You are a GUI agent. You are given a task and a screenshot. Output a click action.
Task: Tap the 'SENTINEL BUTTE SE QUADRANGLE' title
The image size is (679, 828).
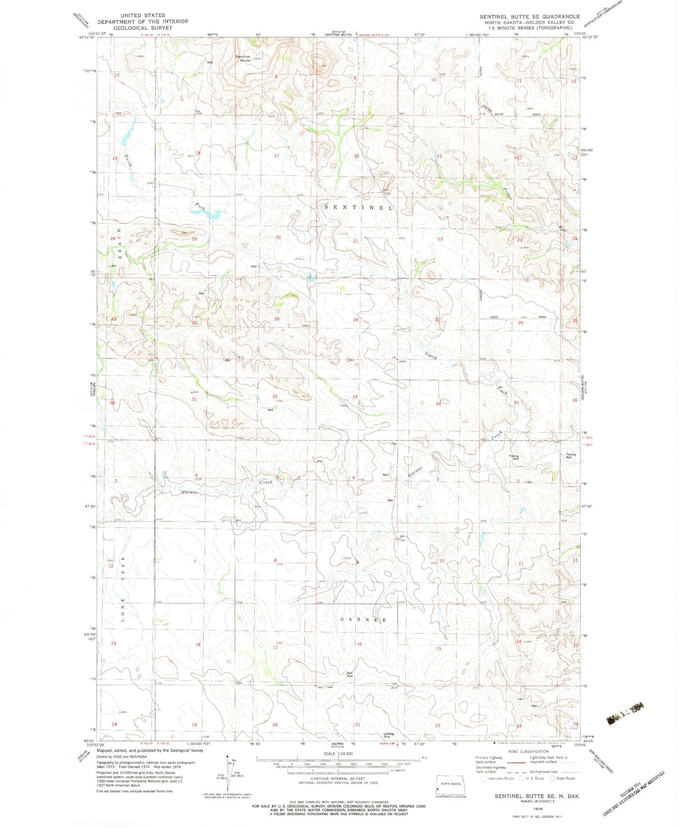pyautogui.click(x=530, y=16)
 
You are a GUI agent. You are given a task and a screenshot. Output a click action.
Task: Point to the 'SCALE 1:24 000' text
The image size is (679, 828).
pyautogui.click(x=338, y=753)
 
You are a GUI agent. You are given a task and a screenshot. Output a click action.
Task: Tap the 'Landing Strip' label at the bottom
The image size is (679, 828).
pyautogui.click(x=389, y=735)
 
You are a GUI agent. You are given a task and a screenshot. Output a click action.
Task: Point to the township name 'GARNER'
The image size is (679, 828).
pyautogui.click(x=363, y=620)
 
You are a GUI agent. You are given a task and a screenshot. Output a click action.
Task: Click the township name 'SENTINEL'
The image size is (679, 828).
pyautogui.click(x=359, y=207)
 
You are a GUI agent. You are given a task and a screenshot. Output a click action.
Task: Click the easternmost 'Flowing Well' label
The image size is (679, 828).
pyautogui.click(x=570, y=456)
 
